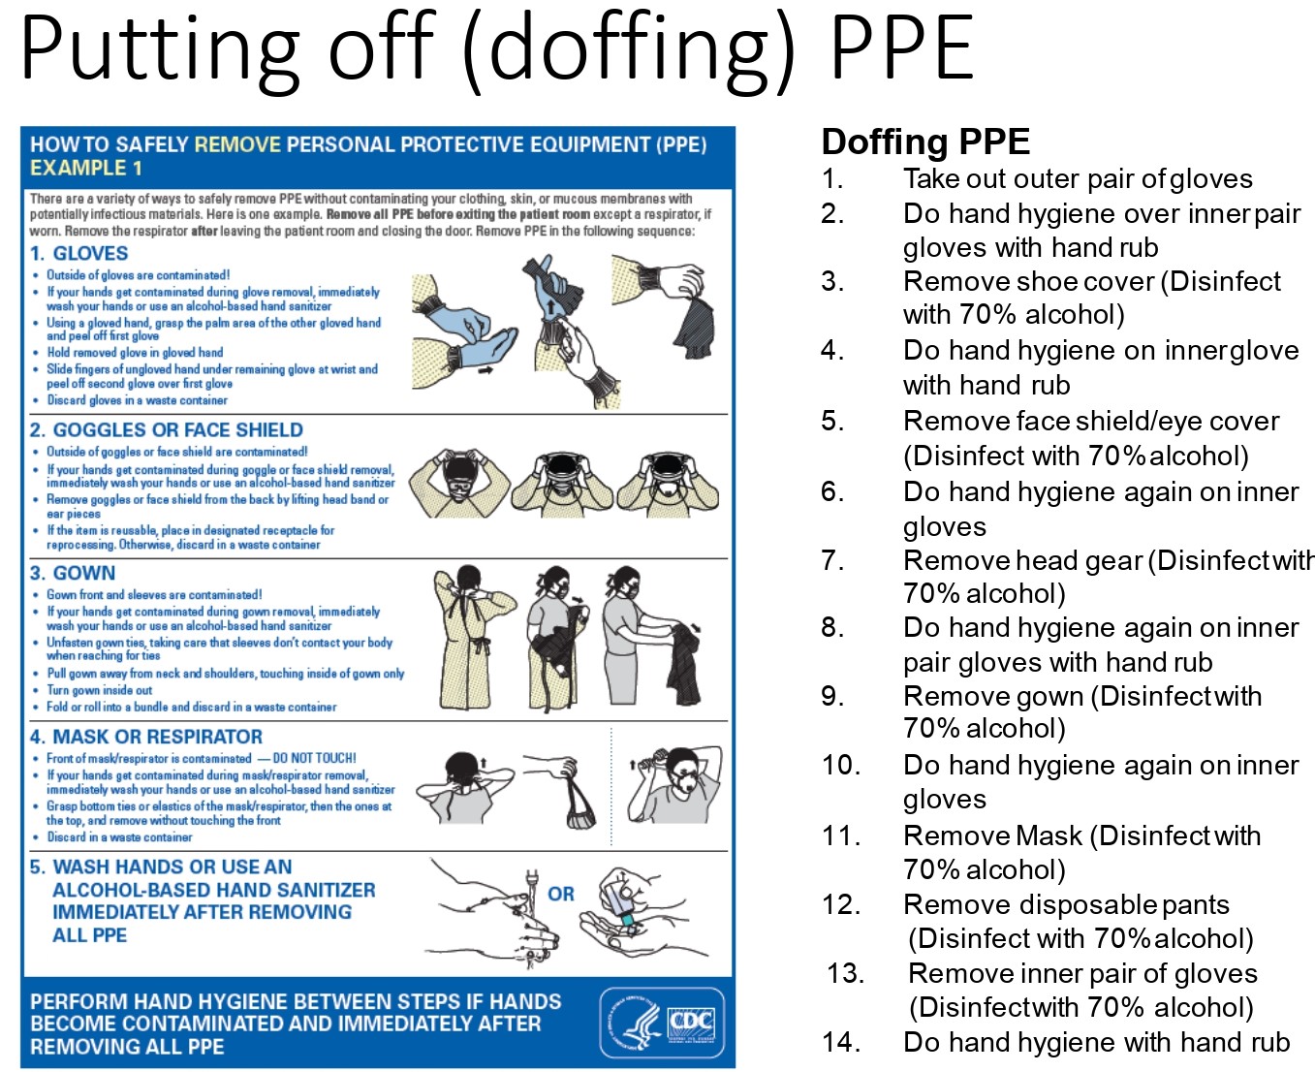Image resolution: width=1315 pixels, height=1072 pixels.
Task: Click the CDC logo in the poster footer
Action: (x=662, y=1023)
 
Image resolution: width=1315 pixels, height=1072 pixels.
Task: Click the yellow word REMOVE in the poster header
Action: (x=237, y=144)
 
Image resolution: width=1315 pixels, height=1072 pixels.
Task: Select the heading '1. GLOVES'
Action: (x=79, y=254)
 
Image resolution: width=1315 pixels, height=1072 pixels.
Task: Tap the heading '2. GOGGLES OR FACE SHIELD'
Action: (x=167, y=430)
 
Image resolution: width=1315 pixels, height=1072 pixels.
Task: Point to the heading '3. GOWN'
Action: (x=73, y=574)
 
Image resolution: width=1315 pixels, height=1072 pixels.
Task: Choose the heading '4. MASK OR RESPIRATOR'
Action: (x=146, y=737)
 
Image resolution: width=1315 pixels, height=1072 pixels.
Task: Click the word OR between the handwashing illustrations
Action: (x=561, y=894)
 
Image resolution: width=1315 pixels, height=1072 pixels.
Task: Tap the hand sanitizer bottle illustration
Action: (x=620, y=901)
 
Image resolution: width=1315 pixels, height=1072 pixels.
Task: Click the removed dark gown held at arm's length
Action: (x=686, y=664)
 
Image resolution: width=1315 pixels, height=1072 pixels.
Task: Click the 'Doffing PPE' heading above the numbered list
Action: (x=924, y=142)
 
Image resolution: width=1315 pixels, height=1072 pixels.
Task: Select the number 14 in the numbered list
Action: (x=839, y=1042)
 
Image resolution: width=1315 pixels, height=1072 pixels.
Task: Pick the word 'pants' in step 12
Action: (x=1195, y=905)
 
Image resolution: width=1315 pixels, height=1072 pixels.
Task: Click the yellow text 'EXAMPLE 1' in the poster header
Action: (x=86, y=168)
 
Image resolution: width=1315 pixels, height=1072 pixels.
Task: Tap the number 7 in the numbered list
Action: (x=831, y=560)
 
